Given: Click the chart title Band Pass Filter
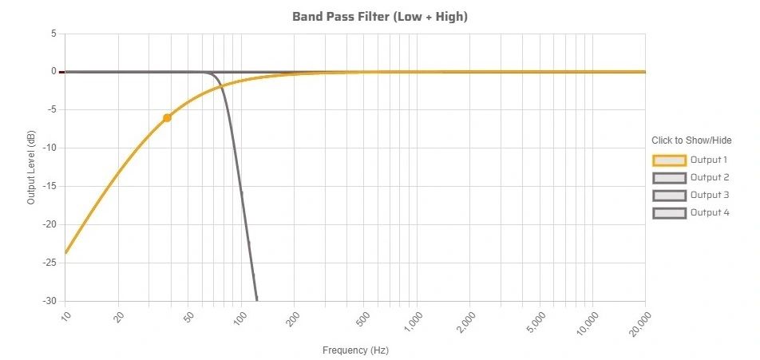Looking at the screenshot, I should click(380, 17).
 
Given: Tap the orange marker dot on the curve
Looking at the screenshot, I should click(167, 118).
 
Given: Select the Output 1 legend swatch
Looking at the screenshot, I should click(669, 160).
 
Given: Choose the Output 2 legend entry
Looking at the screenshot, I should click(691, 177).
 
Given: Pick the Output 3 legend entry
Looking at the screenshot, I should click(691, 195).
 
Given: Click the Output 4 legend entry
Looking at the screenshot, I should click(691, 212).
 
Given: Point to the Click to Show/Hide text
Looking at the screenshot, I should click(691, 140).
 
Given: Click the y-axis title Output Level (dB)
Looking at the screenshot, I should click(31, 168).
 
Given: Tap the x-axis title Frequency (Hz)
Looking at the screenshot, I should click(355, 350).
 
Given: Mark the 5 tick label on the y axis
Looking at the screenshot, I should click(53, 34).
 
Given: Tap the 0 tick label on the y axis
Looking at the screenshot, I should click(53, 72).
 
